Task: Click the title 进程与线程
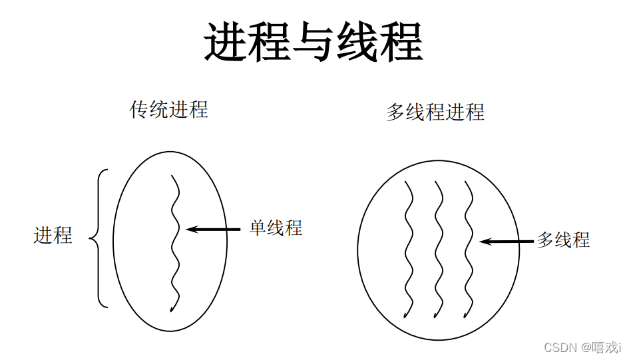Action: (314, 42)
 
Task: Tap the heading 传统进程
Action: (169, 109)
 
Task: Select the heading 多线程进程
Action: (435, 112)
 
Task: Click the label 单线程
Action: (276, 228)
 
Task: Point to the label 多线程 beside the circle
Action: (563, 240)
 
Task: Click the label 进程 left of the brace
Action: (53, 235)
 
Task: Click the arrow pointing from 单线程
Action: (213, 229)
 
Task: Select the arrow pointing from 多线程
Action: (506, 241)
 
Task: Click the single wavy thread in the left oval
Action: (175, 243)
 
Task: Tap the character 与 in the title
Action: (314, 42)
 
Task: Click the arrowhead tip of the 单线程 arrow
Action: (189, 229)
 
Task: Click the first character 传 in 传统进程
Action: (139, 109)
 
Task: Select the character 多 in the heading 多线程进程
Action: (396, 112)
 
